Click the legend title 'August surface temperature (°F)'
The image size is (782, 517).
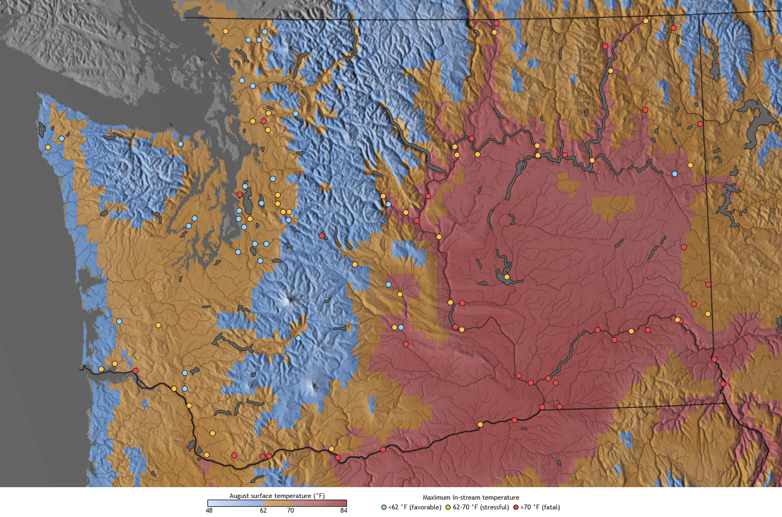[x=277, y=495]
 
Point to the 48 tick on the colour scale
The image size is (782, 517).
[x=209, y=510]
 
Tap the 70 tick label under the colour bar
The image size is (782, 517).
[x=291, y=510]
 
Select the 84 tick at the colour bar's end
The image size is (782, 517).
[x=343, y=510]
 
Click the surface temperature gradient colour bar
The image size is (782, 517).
[x=277, y=503]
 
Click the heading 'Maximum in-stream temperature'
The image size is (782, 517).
[x=471, y=497]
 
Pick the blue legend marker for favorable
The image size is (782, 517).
[x=384, y=507]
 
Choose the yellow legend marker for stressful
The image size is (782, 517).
[x=448, y=507]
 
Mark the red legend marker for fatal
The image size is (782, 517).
[x=516, y=507]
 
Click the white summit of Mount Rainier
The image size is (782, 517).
[x=288, y=298]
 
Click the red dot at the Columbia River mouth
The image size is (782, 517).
[x=135, y=371]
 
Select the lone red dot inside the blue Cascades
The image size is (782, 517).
[x=321, y=235]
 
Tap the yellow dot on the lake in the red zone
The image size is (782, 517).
[x=507, y=277]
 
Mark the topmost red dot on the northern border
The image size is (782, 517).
[x=496, y=23]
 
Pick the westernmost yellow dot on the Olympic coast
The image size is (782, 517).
[x=48, y=147]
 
